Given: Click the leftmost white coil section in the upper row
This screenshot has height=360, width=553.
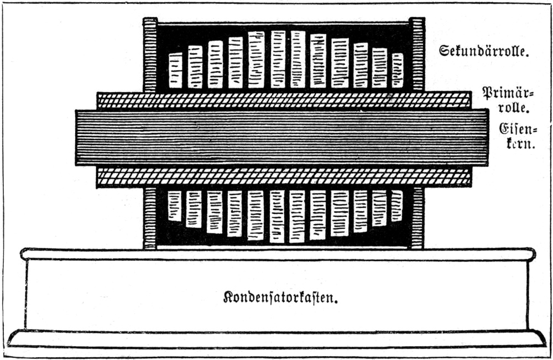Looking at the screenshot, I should coord(175,70).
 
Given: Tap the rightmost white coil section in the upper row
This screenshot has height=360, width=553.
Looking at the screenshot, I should coord(398,70).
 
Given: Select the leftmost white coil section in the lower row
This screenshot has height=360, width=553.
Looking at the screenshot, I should coord(175,206).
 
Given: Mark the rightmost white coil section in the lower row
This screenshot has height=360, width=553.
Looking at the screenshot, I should coord(397,206).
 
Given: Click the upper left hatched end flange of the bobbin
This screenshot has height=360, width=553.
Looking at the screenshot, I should coord(150,54).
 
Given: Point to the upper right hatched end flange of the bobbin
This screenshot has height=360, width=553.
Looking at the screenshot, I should coord(417,54).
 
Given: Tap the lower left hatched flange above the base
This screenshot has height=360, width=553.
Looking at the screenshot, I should coord(150,218).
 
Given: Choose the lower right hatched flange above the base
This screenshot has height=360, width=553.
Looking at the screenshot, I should coord(418,218).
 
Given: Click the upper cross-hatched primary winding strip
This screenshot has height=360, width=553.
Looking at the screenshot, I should coord(284,100).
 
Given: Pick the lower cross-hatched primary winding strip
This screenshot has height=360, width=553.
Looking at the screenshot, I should coord(284,176).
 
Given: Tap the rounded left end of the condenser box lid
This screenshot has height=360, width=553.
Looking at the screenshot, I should coord(25,254).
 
